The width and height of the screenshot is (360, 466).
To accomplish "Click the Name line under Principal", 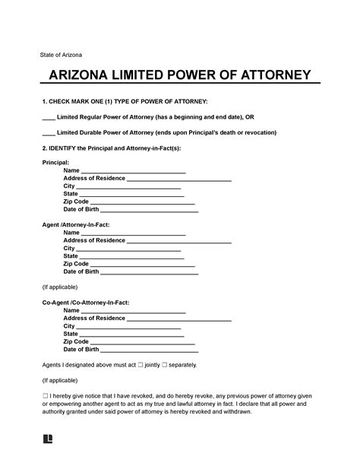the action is coord(133,171).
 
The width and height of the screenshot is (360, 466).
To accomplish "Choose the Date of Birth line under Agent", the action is coord(149,271).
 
